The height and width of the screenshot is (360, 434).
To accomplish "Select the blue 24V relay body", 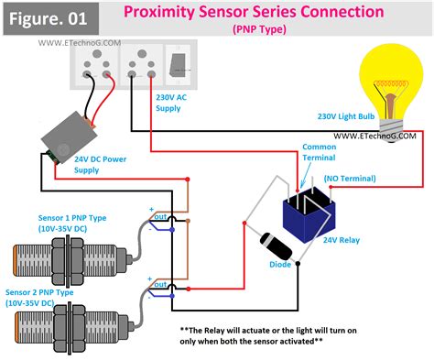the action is click(x=309, y=215).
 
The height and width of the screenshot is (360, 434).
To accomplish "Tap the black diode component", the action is click(x=276, y=246).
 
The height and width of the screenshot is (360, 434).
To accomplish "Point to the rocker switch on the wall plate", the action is click(x=178, y=65).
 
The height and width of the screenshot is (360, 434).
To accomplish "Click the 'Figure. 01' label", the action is click(x=48, y=18).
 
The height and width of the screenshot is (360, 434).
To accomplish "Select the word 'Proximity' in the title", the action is click(x=159, y=12).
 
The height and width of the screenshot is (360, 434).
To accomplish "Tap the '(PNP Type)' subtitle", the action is click(x=259, y=29).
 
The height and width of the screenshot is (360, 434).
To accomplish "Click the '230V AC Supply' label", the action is click(x=171, y=103).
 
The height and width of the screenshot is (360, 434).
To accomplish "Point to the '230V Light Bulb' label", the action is click(x=346, y=116).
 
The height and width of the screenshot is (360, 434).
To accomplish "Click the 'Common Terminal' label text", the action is click(x=319, y=152).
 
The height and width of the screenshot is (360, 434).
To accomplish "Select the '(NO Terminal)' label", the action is click(x=350, y=179).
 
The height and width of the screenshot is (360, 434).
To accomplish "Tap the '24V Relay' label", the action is click(x=342, y=240).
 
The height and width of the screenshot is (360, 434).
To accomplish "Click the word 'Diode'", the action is click(x=280, y=265).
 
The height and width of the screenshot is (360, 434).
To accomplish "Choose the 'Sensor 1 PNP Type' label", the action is click(x=72, y=218).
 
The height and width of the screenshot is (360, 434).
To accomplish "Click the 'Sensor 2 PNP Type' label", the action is click(x=39, y=292).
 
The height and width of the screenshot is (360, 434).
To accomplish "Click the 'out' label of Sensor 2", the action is click(x=160, y=285).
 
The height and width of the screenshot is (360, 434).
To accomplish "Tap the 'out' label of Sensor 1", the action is click(x=160, y=217).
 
